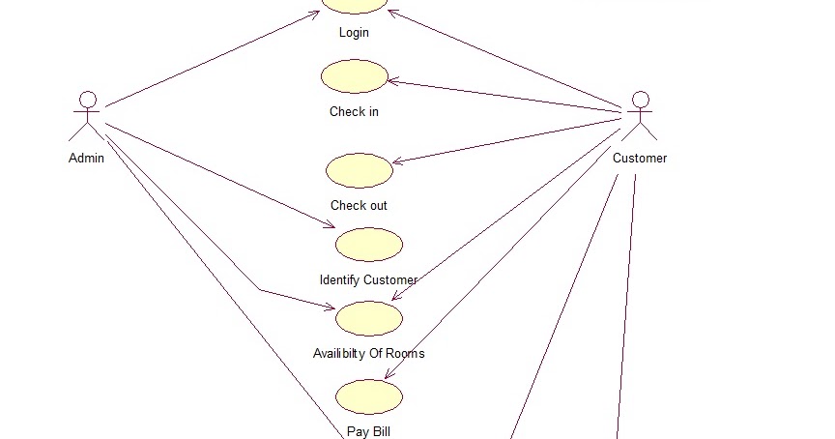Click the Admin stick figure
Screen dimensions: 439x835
87,118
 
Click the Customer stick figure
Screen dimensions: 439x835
640,117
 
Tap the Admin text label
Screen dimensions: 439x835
86,158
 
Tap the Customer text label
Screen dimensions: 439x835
640,158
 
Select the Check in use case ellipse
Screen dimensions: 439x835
355,76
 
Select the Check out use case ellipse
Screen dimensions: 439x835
360,170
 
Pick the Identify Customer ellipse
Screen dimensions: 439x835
368,245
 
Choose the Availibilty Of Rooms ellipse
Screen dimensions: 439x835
368,318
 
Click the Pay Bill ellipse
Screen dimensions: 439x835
369,396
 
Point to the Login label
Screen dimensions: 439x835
354,32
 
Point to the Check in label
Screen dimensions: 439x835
354,111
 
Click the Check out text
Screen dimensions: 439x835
359,205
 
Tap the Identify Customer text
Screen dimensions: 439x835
368,279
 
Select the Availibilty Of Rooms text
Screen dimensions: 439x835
368,353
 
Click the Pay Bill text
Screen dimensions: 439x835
368,431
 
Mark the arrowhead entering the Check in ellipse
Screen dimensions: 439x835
391,82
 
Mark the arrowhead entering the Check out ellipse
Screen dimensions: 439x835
396,162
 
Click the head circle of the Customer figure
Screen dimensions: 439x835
640,99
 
